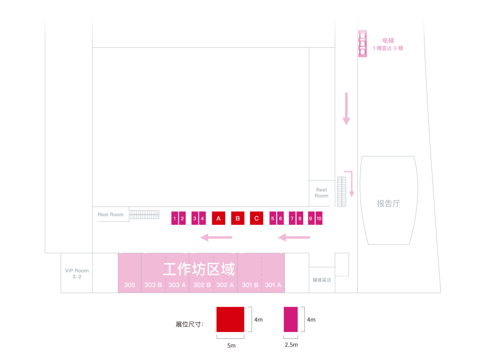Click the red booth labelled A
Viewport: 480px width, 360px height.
[x=218, y=218]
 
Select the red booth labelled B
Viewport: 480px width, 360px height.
[x=238, y=218]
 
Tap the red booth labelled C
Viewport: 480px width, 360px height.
[x=256, y=218]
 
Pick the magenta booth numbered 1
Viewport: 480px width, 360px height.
[x=175, y=218]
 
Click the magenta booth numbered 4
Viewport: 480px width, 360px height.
[x=202, y=218]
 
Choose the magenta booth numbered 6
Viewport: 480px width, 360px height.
[x=280, y=218]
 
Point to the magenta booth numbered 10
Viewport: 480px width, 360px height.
[x=319, y=218]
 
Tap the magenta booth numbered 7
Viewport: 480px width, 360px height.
[x=292, y=218]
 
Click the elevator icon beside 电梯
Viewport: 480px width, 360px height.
[x=362, y=43]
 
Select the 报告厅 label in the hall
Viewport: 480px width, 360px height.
[x=388, y=203]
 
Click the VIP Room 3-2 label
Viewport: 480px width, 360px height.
[x=77, y=274]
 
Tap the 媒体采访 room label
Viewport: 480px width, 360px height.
[x=322, y=280]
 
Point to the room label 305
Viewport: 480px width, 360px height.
[x=130, y=285]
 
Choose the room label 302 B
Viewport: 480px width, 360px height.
[x=202, y=285]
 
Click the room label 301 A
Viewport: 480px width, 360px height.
[x=273, y=285]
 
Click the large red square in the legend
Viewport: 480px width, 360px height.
[x=230, y=319]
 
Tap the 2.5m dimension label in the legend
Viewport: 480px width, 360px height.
[x=291, y=344]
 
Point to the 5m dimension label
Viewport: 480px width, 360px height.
[x=231, y=345]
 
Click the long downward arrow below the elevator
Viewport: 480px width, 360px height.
[x=346, y=108]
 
